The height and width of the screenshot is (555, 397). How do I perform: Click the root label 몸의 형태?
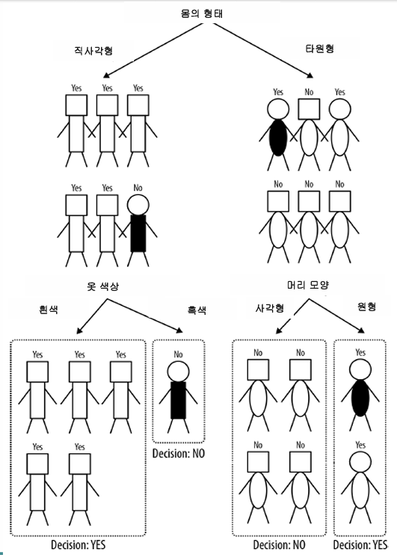click(201, 13)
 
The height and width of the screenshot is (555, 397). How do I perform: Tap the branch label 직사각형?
click(93, 50)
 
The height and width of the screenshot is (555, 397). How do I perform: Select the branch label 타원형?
click(319, 49)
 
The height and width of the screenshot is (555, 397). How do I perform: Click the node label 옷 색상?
click(103, 286)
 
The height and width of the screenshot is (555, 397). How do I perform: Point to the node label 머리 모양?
click(308, 285)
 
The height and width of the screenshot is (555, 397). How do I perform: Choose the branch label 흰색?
click(49, 310)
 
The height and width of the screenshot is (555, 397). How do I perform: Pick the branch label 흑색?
click(197, 310)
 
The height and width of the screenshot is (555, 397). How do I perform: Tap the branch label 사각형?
click(270, 308)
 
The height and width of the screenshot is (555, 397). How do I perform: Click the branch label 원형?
click(366, 307)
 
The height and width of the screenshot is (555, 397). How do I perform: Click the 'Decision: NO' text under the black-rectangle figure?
click(179, 453)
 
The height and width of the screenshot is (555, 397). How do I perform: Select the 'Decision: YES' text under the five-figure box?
click(79, 545)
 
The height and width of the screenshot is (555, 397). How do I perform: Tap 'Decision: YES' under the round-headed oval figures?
click(360, 545)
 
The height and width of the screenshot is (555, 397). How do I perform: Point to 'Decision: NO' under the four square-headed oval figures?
click(279, 545)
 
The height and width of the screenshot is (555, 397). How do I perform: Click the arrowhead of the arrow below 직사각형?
click(106, 75)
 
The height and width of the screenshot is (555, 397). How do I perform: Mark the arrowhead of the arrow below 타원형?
click(310, 75)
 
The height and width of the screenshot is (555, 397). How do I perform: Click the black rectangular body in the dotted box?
click(179, 400)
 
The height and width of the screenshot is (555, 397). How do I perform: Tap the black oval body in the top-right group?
click(278, 138)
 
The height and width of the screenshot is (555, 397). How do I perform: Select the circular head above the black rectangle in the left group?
click(138, 205)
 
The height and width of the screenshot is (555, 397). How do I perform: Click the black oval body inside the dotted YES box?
click(360, 398)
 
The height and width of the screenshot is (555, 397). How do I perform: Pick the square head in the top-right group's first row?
click(309, 109)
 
